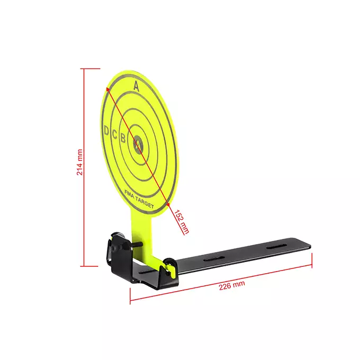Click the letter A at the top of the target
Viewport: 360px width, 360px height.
pos(136,86)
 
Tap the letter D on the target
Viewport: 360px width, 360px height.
pos(106,130)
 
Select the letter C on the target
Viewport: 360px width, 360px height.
pos(115,134)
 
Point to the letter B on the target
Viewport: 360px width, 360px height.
pos(123,138)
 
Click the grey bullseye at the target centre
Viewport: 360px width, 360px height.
pos(138,145)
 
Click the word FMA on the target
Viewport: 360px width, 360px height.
pos(130,194)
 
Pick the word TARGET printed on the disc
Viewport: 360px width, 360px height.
pos(145,203)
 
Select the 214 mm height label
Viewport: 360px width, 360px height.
pos(79,162)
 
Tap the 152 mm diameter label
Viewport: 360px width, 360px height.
pos(182,221)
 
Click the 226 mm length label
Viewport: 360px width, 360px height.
pos(232,285)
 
